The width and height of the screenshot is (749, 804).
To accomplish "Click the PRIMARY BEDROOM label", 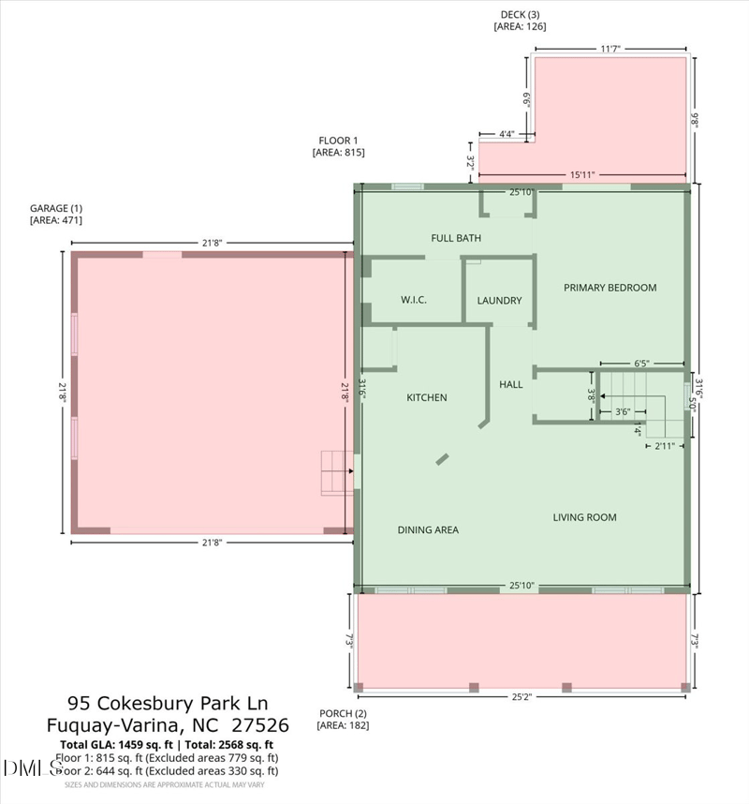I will (609, 288).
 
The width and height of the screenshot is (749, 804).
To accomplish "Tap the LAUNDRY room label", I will (499, 301).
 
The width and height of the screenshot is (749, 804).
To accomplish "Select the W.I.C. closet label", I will (414, 300).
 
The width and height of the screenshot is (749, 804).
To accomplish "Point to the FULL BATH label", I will (456, 238).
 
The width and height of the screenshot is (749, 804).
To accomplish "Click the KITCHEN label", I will (426, 397).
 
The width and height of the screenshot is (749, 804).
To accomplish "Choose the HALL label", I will (510, 384).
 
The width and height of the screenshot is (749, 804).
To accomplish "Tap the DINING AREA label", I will (428, 529).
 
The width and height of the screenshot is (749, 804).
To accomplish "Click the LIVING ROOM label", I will (584, 517).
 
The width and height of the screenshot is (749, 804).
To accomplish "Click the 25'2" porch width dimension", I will (522, 696).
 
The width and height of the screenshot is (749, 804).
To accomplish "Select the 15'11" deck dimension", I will (582, 174).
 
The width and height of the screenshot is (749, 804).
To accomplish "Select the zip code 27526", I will (260, 724).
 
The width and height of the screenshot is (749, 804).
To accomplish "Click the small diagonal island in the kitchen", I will (441, 459).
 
